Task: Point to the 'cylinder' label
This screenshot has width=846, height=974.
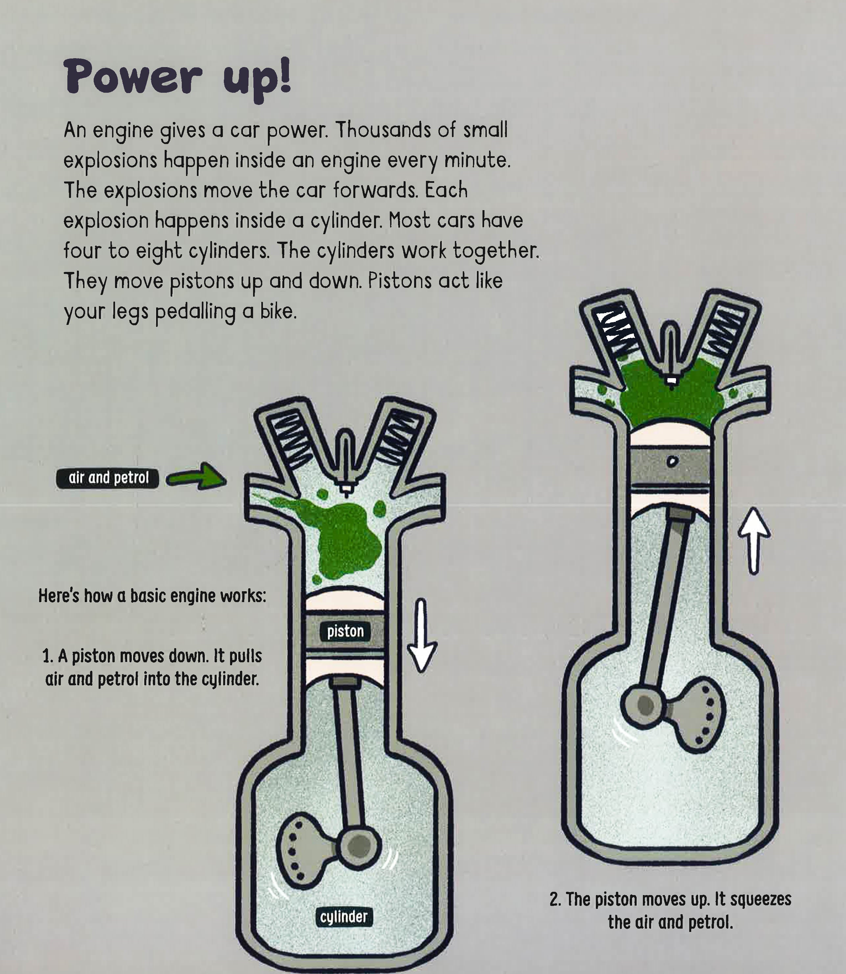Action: [x=344, y=917]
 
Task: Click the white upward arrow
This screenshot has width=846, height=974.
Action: [x=754, y=541]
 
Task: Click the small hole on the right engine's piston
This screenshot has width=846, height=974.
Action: [x=673, y=461]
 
